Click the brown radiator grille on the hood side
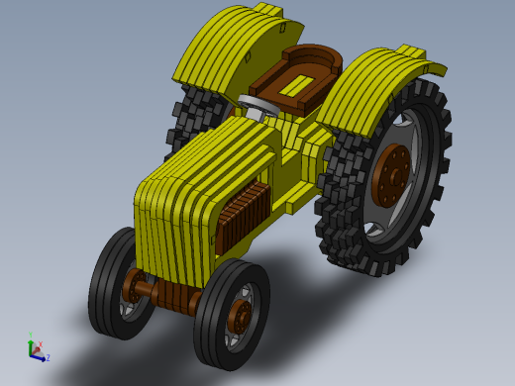243,217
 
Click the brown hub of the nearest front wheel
239,316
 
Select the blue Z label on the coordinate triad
47,357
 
